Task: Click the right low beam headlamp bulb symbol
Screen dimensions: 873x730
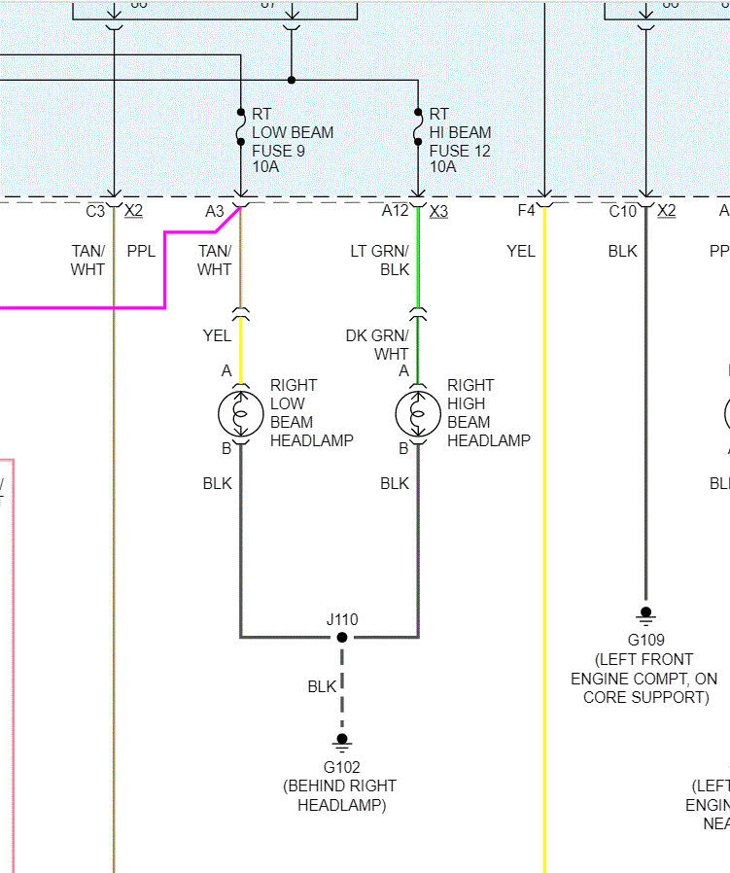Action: [240, 413]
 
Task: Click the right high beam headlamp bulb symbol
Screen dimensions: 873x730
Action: [418, 413]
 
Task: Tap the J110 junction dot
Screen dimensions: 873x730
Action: [342, 638]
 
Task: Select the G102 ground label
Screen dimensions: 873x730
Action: [342, 767]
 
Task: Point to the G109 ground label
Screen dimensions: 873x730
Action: [646, 640]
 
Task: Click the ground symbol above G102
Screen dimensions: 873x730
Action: [342, 741]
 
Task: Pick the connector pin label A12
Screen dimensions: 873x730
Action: [396, 211]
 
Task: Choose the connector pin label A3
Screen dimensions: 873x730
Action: [215, 211]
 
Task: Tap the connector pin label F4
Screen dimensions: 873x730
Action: [527, 211]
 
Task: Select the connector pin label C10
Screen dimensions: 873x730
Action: [623, 211]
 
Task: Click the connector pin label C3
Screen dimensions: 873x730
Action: [95, 211]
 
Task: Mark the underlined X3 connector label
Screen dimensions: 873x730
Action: [438, 211]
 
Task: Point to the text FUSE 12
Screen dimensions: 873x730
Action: [460, 151]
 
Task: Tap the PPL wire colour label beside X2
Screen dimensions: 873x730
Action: [141, 252]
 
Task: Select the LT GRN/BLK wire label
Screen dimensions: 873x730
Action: [380, 261]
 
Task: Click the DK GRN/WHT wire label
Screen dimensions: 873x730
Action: [377, 344]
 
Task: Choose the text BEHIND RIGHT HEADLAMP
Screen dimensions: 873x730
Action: [340, 795]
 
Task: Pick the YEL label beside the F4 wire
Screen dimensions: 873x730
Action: [521, 252]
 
